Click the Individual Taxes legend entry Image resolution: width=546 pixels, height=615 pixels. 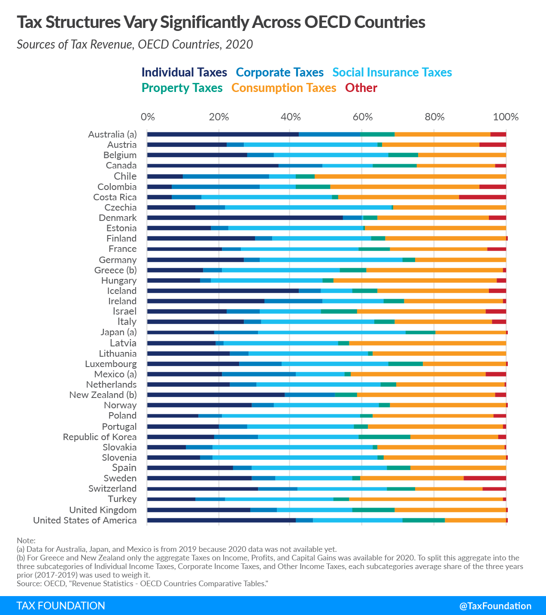pos(184,72)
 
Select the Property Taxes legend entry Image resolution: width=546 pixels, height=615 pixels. pos(182,88)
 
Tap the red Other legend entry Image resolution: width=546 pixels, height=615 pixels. pos(361,88)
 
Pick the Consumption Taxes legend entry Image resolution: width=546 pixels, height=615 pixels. pos(284,88)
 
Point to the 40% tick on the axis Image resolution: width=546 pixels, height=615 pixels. pos(291,117)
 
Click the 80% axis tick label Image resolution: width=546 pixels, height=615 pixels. pos(434,117)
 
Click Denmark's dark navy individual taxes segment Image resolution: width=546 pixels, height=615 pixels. pos(245,218)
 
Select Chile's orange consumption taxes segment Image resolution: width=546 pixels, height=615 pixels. pos(410,176)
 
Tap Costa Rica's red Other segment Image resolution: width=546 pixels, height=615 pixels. pos(482,197)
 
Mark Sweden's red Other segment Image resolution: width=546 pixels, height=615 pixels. pos(485,478)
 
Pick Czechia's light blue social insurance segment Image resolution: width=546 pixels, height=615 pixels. pos(308,208)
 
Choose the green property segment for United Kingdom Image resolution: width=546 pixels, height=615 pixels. pos(373,510)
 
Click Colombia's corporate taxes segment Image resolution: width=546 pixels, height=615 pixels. pos(215,187)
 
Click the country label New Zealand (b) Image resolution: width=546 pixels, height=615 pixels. pos(103,395)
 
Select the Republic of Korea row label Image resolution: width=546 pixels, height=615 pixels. pos(100,437)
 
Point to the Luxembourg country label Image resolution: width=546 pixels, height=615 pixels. pos(111,364)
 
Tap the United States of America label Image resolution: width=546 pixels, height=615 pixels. pos(85,520)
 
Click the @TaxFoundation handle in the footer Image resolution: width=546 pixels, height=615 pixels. pos(495,606)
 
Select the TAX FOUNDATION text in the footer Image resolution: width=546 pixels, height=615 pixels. pos(61,606)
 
